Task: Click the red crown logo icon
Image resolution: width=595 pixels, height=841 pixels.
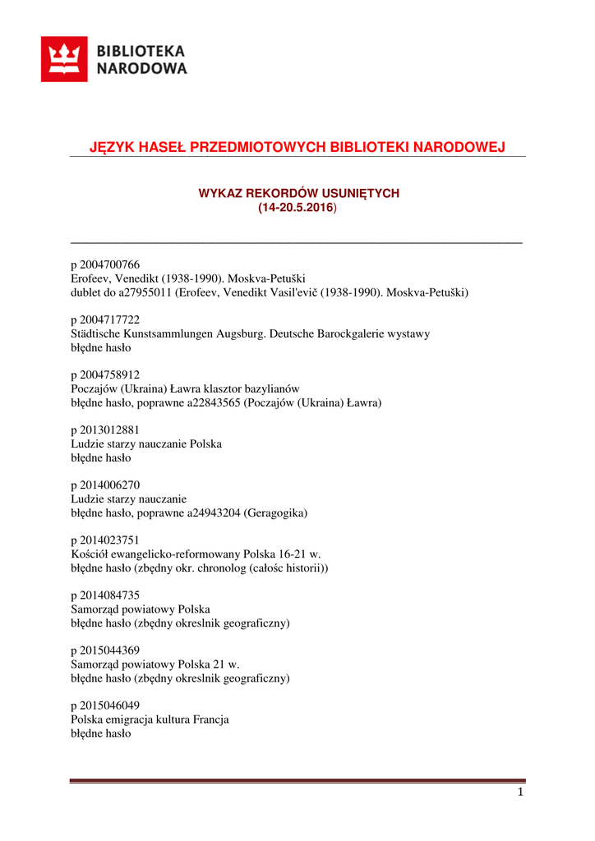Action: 64,59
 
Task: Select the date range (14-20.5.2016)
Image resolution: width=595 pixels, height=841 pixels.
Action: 297,209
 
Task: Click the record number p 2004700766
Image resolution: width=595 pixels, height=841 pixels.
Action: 105,264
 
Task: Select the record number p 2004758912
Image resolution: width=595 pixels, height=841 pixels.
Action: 105,375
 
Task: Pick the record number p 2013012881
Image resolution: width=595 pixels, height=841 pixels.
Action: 105,430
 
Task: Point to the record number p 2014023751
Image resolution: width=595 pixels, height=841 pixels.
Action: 105,540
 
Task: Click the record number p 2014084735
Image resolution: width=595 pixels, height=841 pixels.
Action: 105,595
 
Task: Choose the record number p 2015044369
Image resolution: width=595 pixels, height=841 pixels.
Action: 105,650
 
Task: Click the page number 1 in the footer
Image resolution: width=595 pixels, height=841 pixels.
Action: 520,793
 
